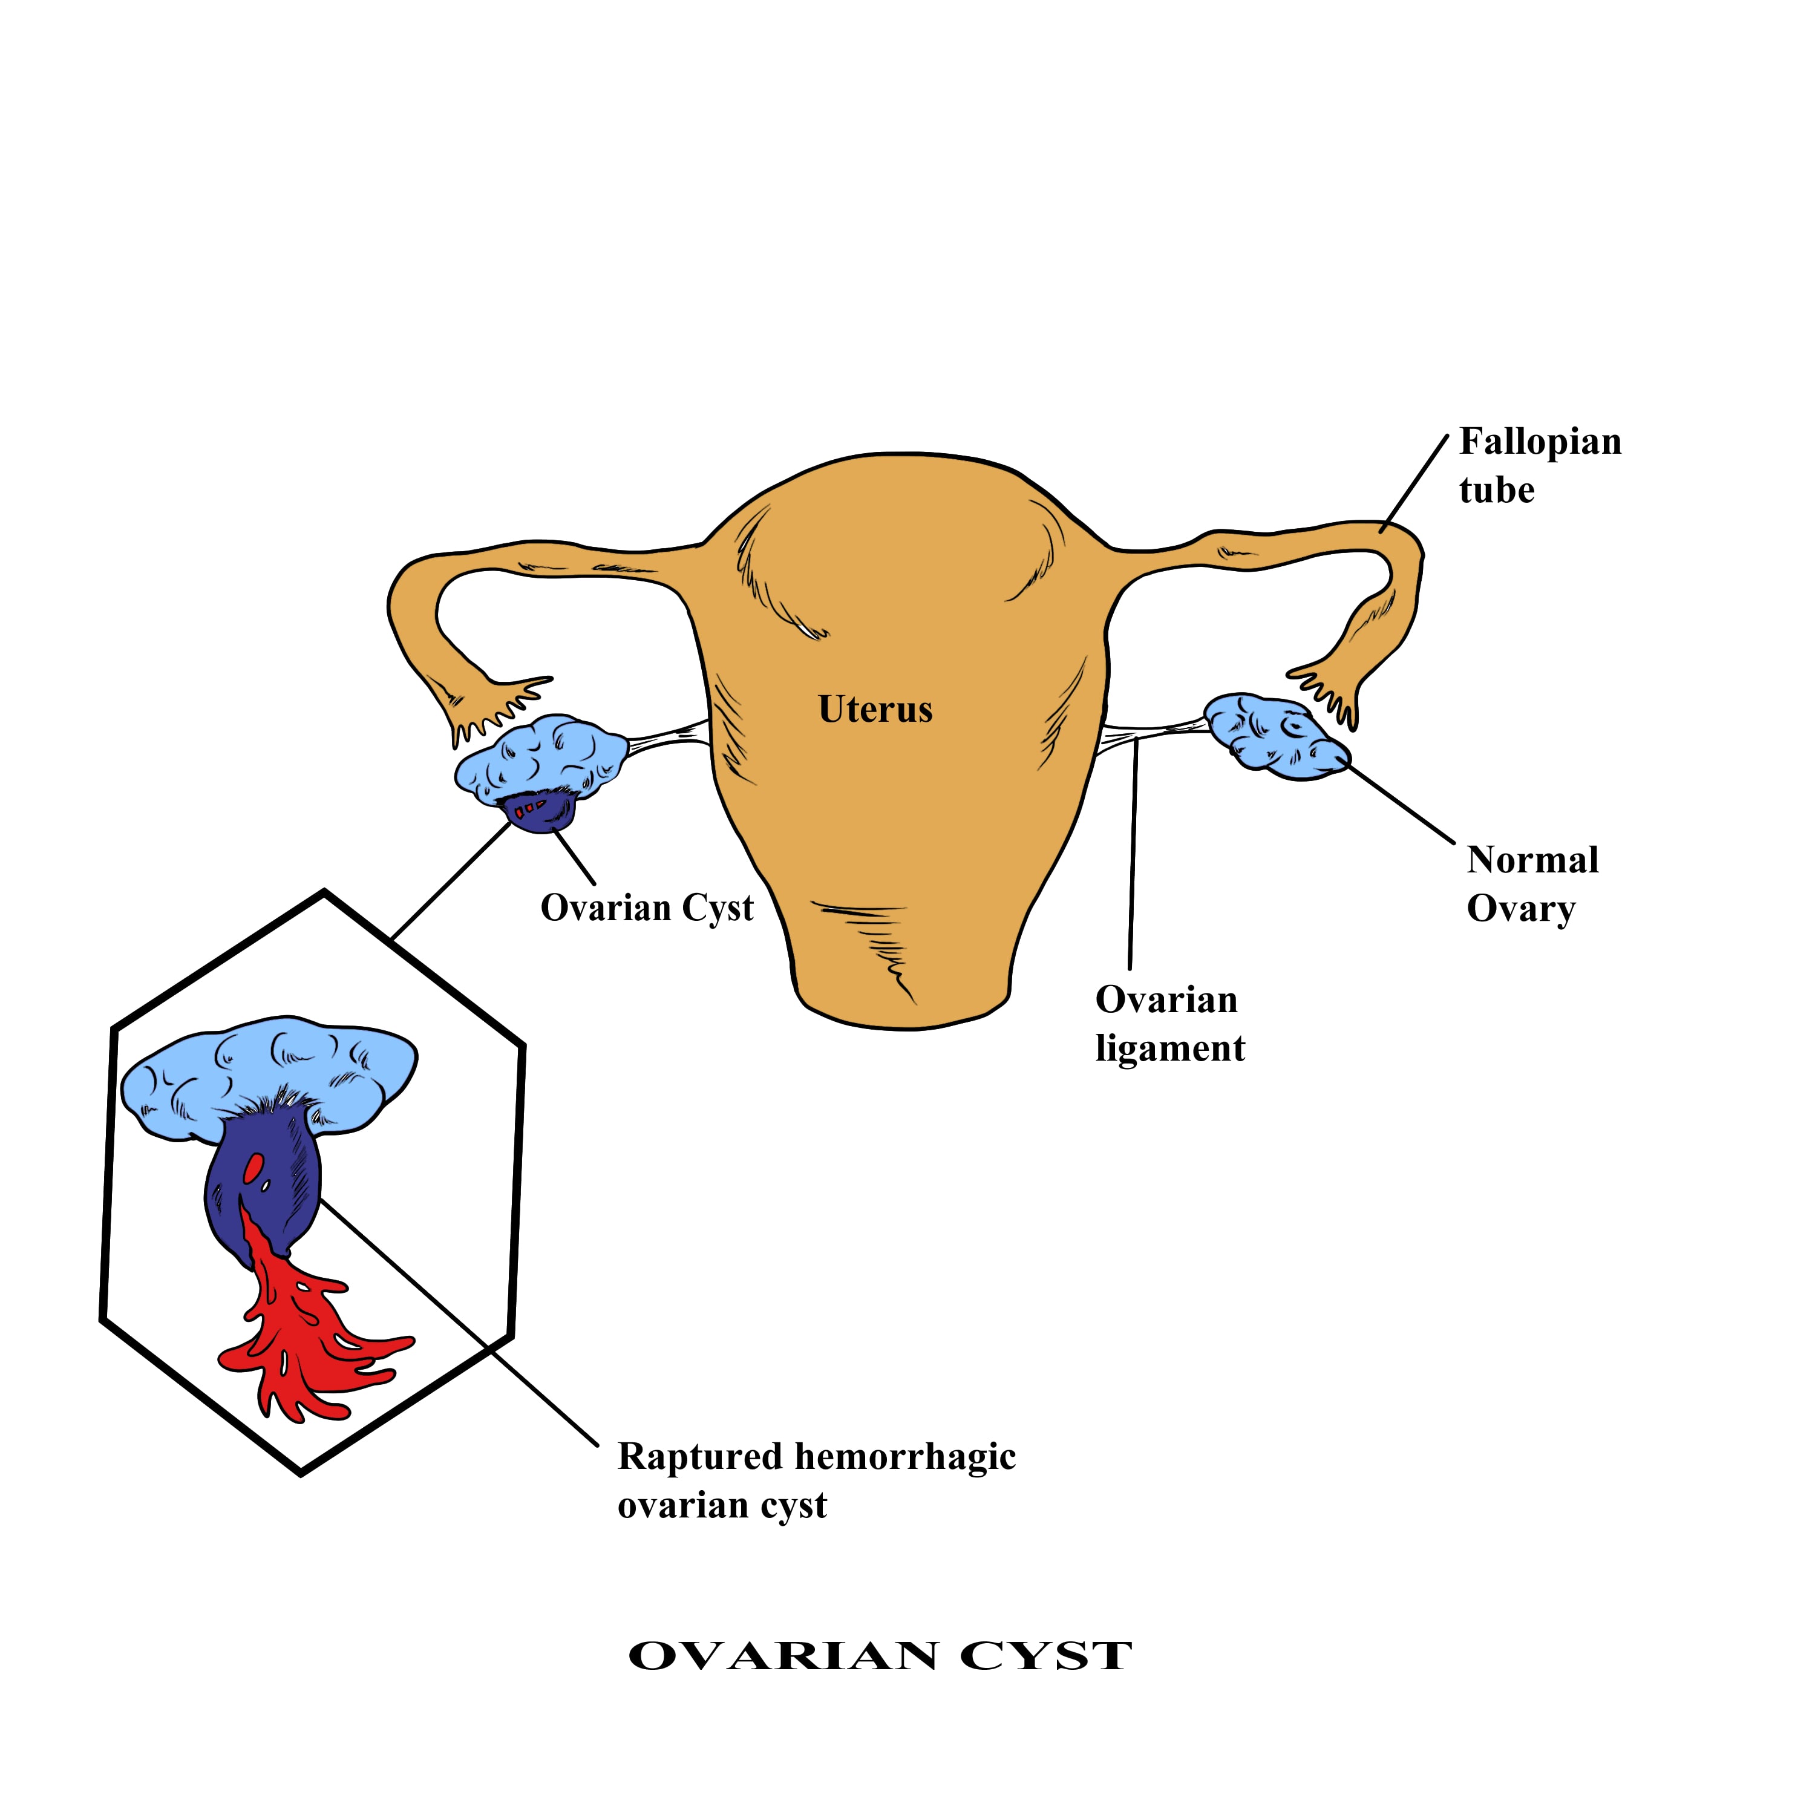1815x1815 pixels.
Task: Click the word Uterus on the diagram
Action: [x=875, y=709]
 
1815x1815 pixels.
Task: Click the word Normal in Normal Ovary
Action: [x=1532, y=860]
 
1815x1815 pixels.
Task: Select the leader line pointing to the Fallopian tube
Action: [x=1414, y=484]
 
